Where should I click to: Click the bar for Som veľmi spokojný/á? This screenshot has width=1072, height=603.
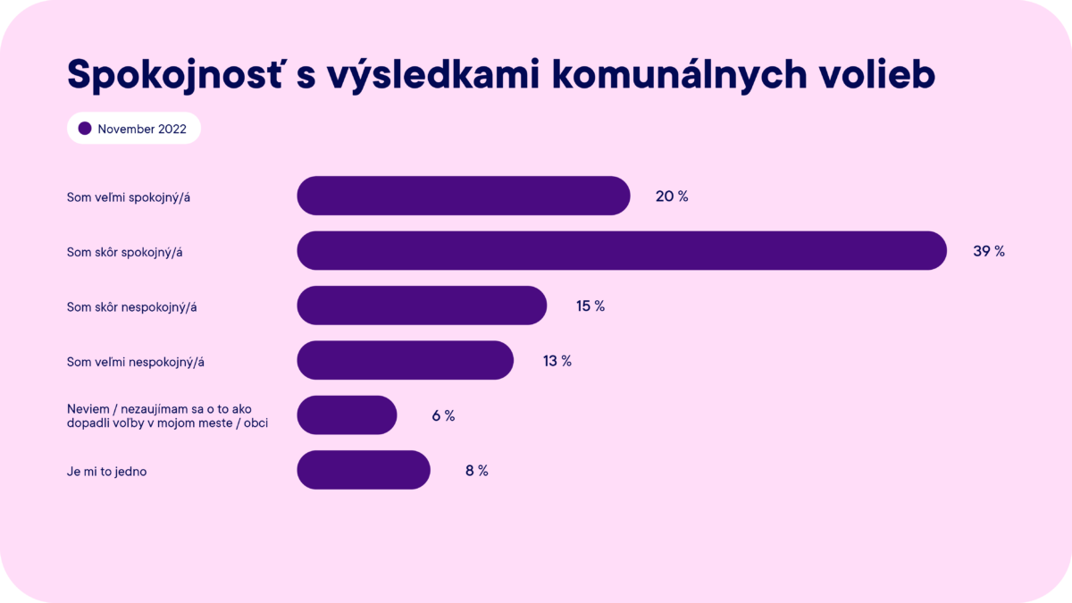coord(464,196)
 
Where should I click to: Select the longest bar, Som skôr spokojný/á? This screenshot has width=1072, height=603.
coord(622,251)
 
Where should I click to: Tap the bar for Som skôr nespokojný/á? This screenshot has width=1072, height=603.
coord(422,306)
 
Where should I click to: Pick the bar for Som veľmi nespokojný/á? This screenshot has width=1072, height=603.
coord(405,360)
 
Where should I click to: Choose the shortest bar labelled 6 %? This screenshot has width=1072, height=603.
coord(347,415)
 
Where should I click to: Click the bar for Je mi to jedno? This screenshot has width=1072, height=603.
coord(364,470)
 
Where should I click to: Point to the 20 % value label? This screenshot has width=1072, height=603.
coord(672,197)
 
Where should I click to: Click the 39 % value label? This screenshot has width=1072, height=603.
coord(989,251)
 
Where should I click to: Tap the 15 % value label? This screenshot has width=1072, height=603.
coord(590,306)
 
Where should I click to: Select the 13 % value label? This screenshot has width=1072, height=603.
coord(557,361)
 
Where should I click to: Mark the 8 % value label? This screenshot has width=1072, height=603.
coord(477,471)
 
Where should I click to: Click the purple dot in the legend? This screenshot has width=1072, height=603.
coord(85,129)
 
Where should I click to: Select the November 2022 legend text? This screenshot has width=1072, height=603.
coord(142,130)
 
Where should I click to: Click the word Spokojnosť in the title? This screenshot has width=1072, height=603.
coord(175,75)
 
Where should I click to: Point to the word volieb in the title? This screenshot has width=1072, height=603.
coord(876,75)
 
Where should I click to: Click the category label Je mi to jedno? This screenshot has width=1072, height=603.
coord(106,472)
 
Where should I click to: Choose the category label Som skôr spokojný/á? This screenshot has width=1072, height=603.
coord(124,252)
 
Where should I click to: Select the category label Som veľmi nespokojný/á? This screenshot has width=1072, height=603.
coord(136,362)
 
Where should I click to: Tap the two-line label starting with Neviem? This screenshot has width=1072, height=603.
coord(168,416)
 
